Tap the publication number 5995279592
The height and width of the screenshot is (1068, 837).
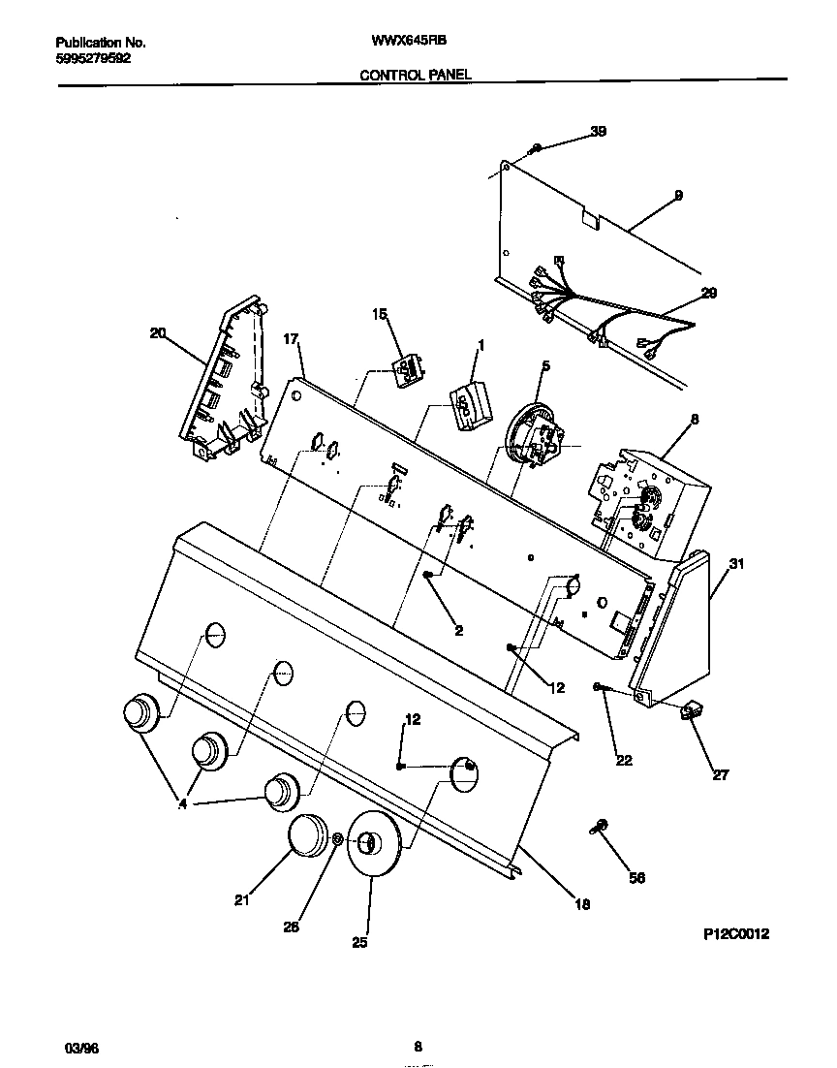(93, 57)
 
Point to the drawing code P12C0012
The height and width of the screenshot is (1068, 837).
(736, 934)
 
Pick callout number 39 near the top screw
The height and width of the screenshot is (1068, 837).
(598, 131)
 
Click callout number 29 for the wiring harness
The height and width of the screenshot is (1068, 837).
(708, 293)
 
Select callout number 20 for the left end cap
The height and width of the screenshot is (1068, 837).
(158, 333)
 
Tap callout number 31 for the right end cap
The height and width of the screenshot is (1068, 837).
(737, 565)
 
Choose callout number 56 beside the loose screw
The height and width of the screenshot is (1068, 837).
(637, 878)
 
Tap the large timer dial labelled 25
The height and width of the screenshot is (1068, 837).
(372, 846)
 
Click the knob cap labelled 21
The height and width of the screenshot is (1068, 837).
(310, 835)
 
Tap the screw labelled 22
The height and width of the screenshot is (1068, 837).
(602, 687)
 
